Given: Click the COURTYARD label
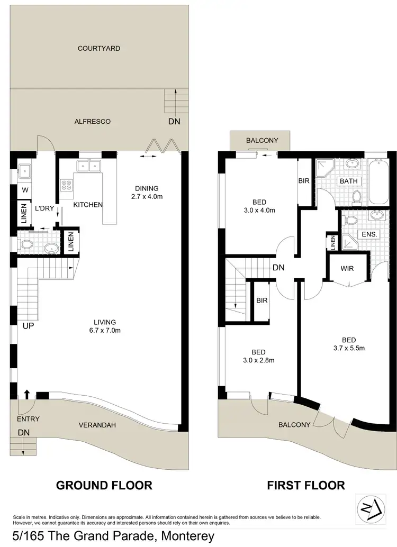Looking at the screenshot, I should coord(99,48).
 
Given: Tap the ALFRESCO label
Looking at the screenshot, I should coord(93,121).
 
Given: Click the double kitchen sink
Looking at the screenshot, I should coord(89,166).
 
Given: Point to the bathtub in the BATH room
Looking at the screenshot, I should coord(378,183).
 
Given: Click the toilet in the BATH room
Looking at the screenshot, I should coord(357,197).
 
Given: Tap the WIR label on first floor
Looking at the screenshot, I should coord(347,269).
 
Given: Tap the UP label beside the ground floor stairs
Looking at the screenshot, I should coord(28,326).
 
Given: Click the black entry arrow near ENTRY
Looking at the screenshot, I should coord(26,395).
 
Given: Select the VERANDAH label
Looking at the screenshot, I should coord(97,425).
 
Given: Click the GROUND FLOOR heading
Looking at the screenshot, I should coord(104,485).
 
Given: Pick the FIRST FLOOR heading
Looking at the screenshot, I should coord(305,485).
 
